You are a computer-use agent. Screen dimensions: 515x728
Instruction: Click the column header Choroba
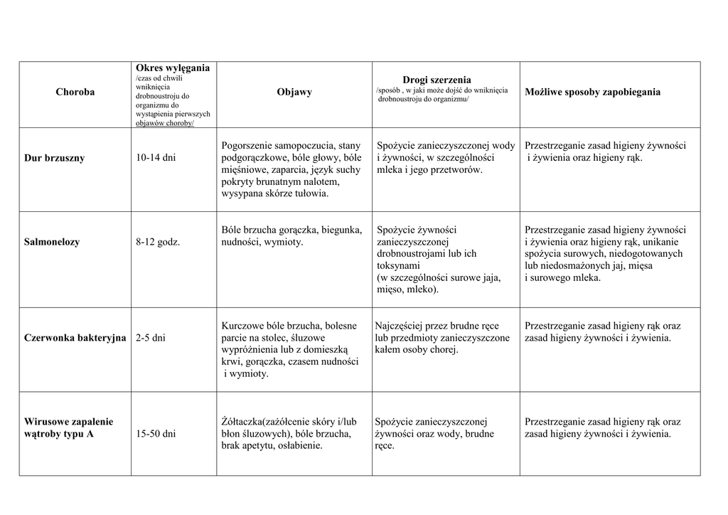(75, 92)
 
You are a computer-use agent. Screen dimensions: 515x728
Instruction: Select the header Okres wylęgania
(172, 68)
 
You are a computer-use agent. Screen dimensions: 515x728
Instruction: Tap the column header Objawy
(294, 92)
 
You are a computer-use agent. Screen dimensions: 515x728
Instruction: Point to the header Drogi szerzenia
(437, 80)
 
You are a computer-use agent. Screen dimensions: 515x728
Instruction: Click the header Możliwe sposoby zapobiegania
(592, 92)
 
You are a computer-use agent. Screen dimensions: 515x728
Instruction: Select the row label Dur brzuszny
(54, 158)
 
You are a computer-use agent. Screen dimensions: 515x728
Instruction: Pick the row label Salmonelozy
(52, 242)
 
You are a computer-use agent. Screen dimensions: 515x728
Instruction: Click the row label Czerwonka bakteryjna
(75, 338)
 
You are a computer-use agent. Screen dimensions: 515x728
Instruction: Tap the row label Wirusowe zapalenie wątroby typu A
(68, 428)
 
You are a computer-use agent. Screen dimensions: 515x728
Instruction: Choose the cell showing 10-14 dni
(155, 158)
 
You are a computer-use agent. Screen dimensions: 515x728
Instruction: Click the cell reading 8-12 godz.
(158, 242)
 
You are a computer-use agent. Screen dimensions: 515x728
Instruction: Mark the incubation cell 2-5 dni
(150, 338)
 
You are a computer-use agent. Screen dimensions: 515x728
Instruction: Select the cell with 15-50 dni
(155, 433)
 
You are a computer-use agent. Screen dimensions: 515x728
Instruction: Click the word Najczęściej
(400, 326)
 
